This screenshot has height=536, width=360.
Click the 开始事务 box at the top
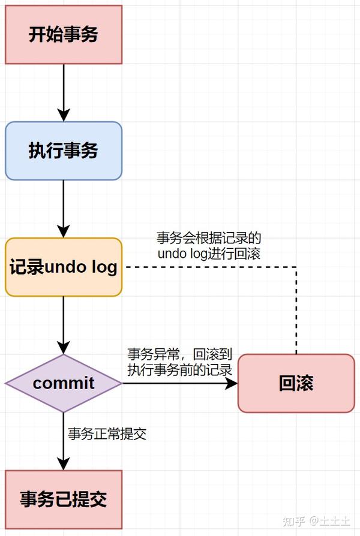point(63,34)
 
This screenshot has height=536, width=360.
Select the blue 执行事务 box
point(63,150)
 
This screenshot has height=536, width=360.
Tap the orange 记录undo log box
point(63,267)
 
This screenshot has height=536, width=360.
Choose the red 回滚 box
point(296,383)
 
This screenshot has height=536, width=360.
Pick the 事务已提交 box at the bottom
point(63,499)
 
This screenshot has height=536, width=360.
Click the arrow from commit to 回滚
point(180,383)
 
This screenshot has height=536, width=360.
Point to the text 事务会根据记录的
point(209,237)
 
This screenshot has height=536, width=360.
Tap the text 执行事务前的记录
point(179,369)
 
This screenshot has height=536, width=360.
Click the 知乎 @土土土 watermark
point(317,520)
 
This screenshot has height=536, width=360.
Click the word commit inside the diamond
point(63,383)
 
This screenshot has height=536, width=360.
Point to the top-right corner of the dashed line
point(297,267)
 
